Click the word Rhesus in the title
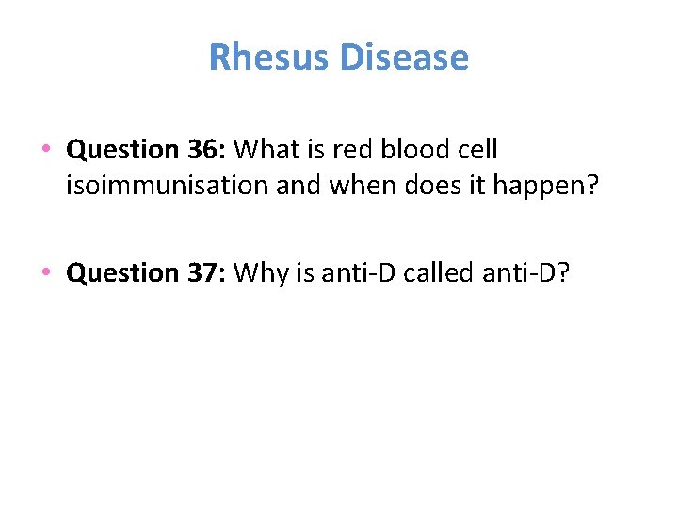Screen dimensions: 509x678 [269, 57]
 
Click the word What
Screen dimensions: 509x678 [267, 150]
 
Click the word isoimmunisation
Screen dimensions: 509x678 [167, 187]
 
